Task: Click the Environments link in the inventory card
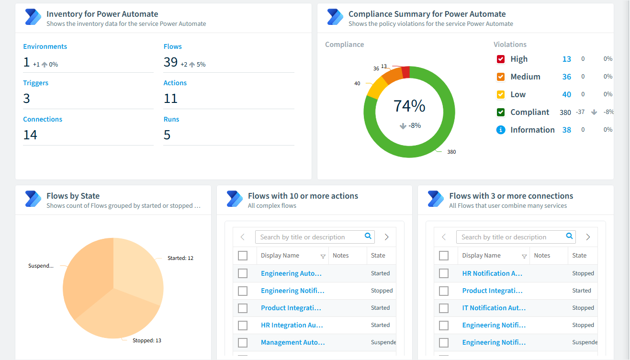coord(45,46)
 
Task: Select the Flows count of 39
coord(170,62)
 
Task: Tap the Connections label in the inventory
coord(43,119)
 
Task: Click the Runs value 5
coord(167,135)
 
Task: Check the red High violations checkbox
coord(501,59)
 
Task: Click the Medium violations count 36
coord(566,77)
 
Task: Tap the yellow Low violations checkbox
coord(501,94)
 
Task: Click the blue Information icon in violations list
coord(501,130)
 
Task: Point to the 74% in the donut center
coord(409,106)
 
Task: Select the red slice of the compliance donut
coord(406,72)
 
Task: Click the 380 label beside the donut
coord(451,152)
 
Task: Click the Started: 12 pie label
coord(180,258)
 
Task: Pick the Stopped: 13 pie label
coord(147,340)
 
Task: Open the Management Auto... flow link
coord(293,342)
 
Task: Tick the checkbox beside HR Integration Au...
coord(243,326)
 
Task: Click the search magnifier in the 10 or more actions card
coord(368,236)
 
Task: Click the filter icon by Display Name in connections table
coord(524,256)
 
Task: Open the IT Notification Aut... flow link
coord(494,308)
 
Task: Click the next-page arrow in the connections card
coord(588,237)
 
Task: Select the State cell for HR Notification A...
coord(583,273)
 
